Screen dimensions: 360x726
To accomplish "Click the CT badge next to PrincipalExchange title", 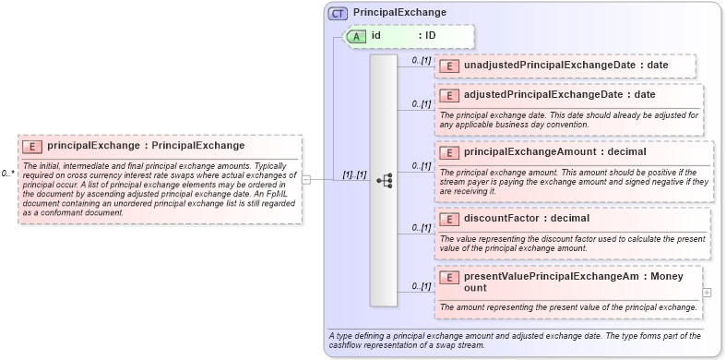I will (x=338, y=13).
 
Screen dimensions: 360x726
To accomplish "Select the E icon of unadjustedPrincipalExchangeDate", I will (x=449, y=66).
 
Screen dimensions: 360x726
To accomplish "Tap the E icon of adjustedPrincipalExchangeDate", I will (x=449, y=95).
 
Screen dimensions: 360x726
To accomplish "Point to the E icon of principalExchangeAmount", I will (x=449, y=152).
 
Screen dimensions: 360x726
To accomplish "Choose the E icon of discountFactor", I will (x=449, y=219).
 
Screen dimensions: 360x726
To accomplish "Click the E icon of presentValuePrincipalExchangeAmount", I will (x=449, y=277).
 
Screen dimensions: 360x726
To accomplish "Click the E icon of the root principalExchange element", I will (x=32, y=146).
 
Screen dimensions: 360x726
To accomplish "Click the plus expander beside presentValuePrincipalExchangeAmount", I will (x=707, y=293).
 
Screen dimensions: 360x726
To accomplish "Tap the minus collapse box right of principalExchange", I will (x=306, y=180).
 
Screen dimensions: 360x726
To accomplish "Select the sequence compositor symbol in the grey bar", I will (x=384, y=181).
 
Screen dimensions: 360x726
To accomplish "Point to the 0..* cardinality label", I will (x=7, y=173).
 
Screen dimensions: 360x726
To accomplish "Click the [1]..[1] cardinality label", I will (x=355, y=174).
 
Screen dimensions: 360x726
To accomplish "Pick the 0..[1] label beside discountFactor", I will (x=420, y=227).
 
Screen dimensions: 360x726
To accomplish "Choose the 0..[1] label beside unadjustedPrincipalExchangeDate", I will (x=420, y=60).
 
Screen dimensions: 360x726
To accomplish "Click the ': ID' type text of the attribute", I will (x=427, y=36).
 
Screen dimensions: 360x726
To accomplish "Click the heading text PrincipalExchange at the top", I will (x=399, y=13).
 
